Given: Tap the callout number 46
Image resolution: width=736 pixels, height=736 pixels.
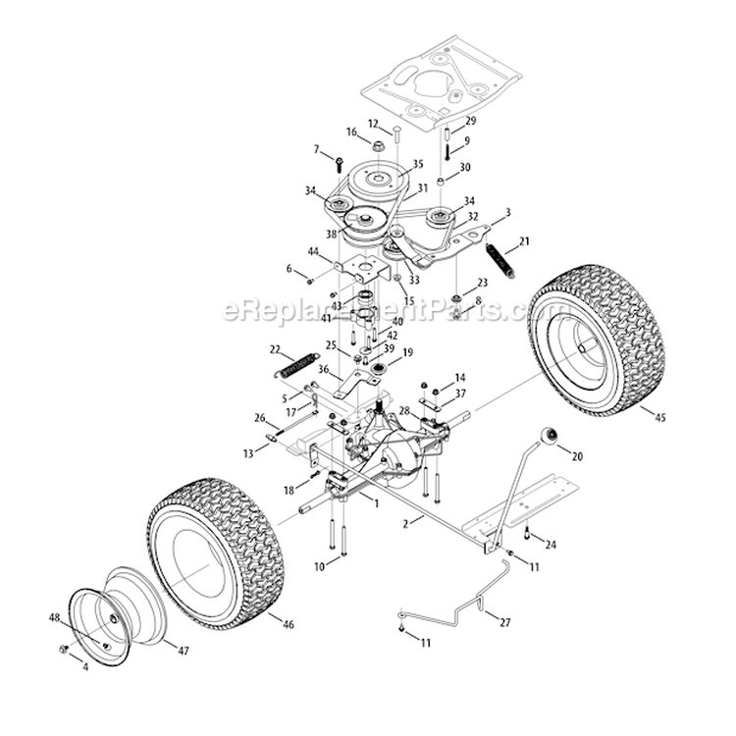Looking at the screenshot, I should click(x=288, y=624).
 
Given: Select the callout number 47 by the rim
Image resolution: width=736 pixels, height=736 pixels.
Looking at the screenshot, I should click(x=184, y=649).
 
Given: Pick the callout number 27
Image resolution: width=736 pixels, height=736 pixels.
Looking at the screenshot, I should click(x=505, y=621).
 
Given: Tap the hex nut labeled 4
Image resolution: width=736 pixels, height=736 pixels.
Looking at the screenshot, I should click(x=63, y=650).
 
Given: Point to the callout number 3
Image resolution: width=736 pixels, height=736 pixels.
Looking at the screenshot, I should click(x=508, y=212).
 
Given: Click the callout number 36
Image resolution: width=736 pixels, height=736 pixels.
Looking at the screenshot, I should click(x=325, y=368).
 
